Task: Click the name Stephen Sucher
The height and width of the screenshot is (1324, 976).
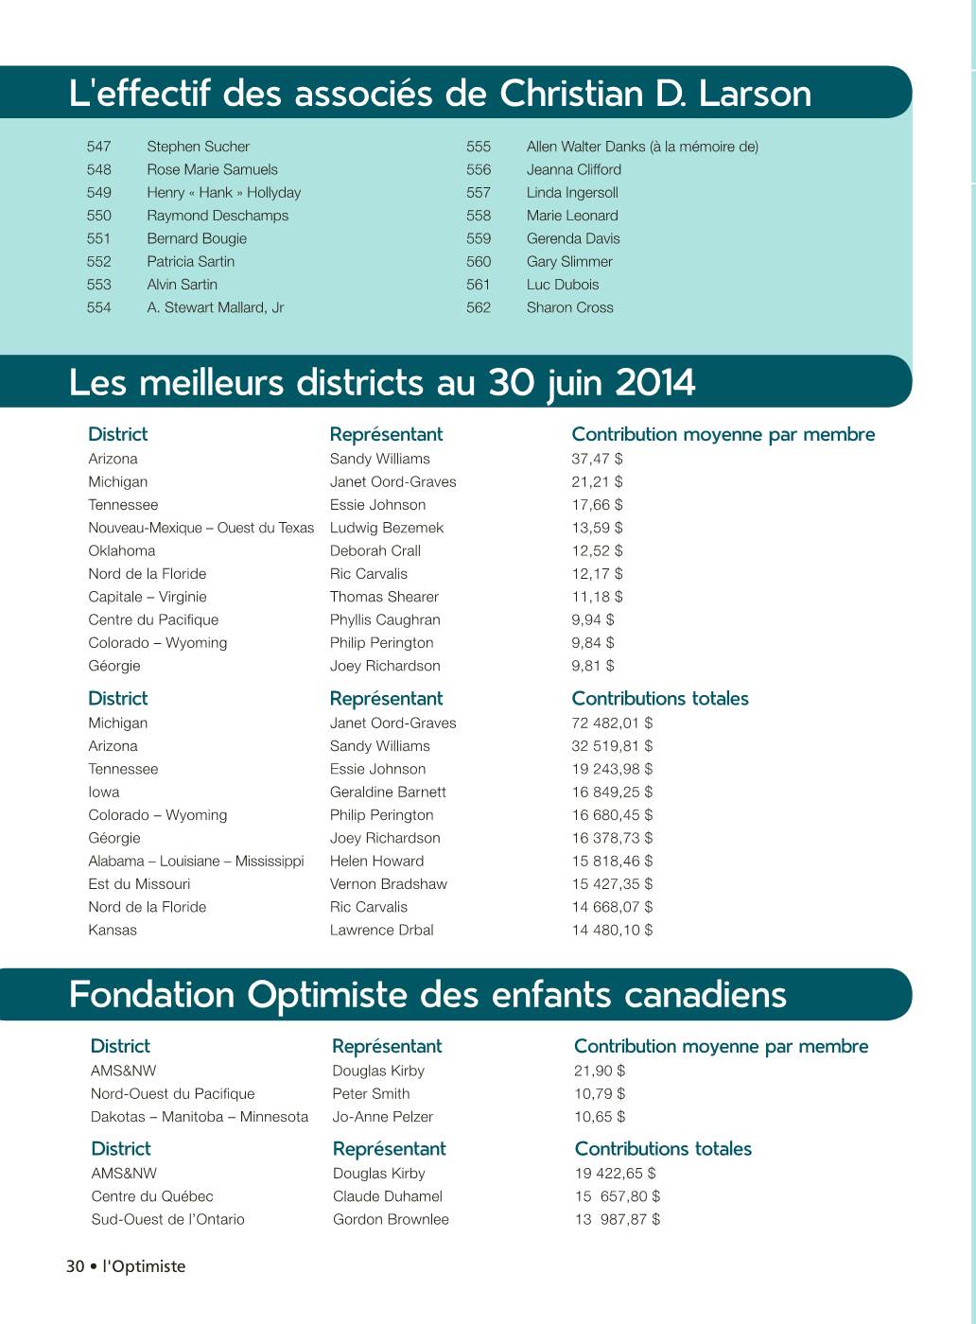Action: coord(198,147)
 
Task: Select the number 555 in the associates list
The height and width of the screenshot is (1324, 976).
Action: coord(479,147)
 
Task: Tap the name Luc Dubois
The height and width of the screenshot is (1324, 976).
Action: coord(563,285)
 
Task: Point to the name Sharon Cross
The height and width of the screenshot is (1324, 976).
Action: coord(569,307)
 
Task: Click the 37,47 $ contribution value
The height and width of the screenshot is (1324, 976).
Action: coord(597,459)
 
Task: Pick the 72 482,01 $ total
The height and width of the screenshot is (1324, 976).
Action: coord(612,723)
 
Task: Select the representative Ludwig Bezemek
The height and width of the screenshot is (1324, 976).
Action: coord(386,528)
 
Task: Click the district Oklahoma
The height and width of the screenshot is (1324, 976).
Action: coord(121,550)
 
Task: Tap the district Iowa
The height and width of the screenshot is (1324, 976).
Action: coord(104,793)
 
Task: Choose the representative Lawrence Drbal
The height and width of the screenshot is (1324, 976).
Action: coord(381,931)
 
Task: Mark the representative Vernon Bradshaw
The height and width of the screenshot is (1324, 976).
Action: coord(388,884)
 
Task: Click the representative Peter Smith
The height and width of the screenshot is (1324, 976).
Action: coord(371,1094)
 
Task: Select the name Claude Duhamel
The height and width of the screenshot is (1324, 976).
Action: coord(387,1196)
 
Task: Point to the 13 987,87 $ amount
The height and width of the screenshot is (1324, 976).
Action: coord(618,1220)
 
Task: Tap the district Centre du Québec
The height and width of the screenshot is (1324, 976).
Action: coord(152,1196)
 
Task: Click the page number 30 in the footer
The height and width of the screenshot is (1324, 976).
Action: coord(76,1266)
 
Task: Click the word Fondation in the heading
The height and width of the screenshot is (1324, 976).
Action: coord(152,995)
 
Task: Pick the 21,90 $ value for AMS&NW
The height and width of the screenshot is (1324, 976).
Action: coord(600,1071)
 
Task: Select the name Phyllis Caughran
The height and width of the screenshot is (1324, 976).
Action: coord(385,620)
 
